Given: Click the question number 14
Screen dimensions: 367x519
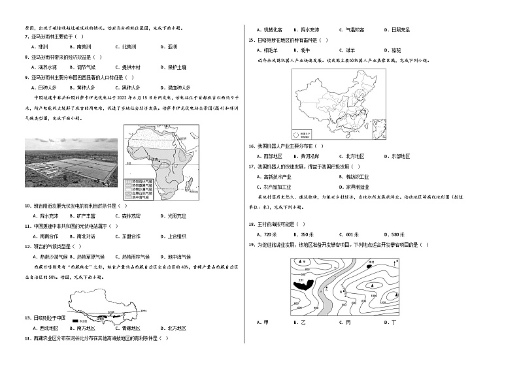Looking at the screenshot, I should click(x=27, y=338).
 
